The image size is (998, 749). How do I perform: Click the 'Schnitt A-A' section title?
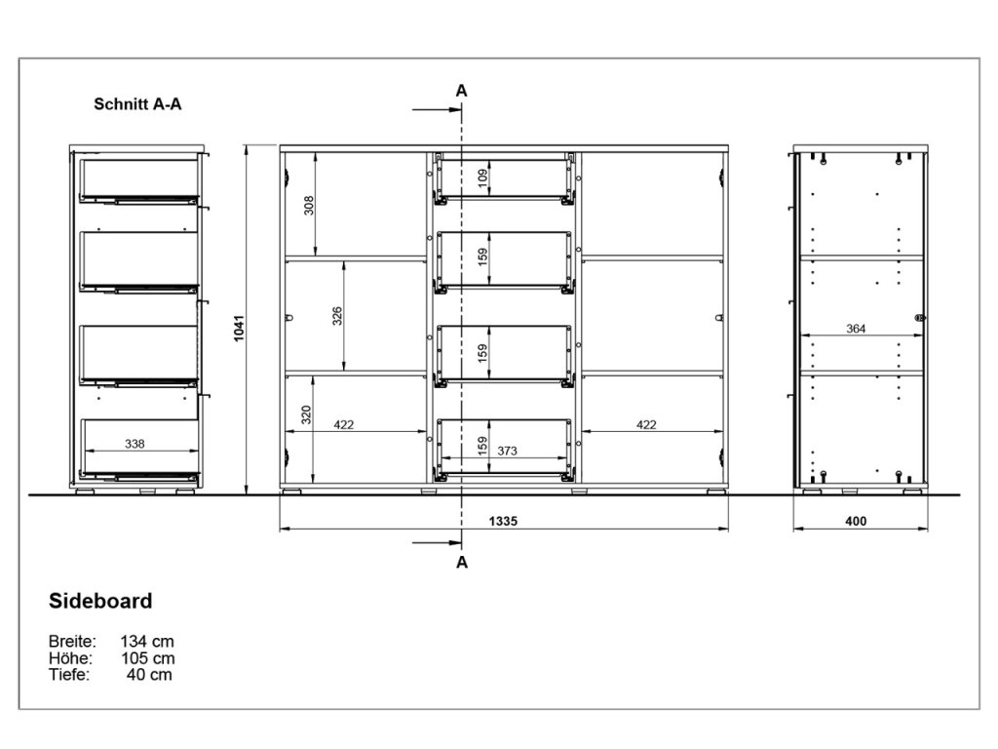tap(137, 103)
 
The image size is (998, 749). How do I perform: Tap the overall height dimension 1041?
tap(240, 328)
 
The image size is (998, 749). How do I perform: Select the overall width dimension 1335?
tap(503, 521)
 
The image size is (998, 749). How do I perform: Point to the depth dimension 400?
tap(856, 521)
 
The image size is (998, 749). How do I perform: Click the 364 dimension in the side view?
tap(856, 329)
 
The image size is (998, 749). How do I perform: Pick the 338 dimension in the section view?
tap(134, 444)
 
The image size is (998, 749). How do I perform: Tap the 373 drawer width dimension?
tap(507, 451)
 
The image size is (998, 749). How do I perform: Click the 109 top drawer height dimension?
tap(483, 177)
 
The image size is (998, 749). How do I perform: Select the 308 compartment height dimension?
tap(309, 205)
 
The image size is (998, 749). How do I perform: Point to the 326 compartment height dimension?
tap(337, 316)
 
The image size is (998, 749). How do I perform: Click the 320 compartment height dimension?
tap(306, 414)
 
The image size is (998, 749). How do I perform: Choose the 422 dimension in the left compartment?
tap(344, 425)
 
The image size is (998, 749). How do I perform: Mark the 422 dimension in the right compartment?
tap(646, 425)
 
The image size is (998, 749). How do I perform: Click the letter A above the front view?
tap(461, 91)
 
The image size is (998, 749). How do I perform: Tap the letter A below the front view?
tap(462, 563)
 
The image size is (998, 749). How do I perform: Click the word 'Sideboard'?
tap(100, 601)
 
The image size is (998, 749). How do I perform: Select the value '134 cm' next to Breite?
tap(147, 642)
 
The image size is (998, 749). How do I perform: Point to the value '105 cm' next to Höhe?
tap(148, 658)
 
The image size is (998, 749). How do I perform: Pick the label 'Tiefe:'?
tap(69, 675)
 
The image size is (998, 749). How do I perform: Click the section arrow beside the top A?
tap(437, 109)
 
